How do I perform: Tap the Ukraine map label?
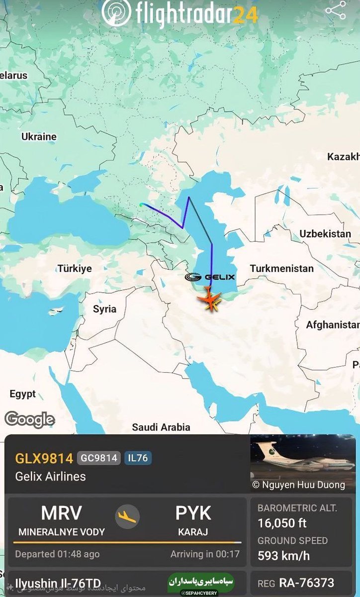39,136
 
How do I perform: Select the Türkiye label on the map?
75,268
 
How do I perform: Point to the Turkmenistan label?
281,268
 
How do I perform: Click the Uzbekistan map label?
325,233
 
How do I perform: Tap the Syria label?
104,309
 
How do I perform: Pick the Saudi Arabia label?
161,427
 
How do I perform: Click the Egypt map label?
22,394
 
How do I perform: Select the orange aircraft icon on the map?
211,300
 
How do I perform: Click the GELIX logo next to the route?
210,277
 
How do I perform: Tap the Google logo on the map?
29,419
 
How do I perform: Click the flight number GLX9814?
44,458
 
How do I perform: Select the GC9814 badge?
98,458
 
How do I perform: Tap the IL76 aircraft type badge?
138,458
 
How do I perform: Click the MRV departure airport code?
61,513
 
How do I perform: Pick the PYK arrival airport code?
193,513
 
